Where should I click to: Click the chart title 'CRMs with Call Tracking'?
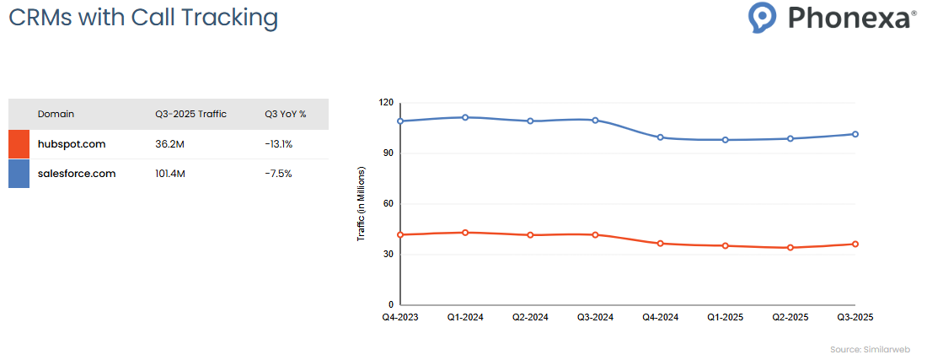point(143,18)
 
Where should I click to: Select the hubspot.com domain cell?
point(72,144)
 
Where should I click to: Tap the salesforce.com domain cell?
point(77,174)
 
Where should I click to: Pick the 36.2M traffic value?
point(171,144)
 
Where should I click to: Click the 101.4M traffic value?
point(173,174)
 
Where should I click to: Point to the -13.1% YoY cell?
point(278,144)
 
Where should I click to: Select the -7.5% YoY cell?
point(277,174)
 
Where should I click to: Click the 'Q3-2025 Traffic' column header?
point(190,114)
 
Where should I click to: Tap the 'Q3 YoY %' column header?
point(285,114)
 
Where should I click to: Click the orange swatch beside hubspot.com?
point(19,144)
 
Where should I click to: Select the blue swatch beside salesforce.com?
point(19,174)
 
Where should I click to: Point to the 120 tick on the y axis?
point(386,102)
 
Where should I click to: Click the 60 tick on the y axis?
point(388,203)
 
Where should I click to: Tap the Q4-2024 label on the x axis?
point(661,317)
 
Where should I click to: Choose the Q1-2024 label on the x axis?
point(465,317)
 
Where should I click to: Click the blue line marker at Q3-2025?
point(855,134)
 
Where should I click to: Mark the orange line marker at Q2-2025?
point(790,248)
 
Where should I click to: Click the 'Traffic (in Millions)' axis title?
point(361,204)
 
